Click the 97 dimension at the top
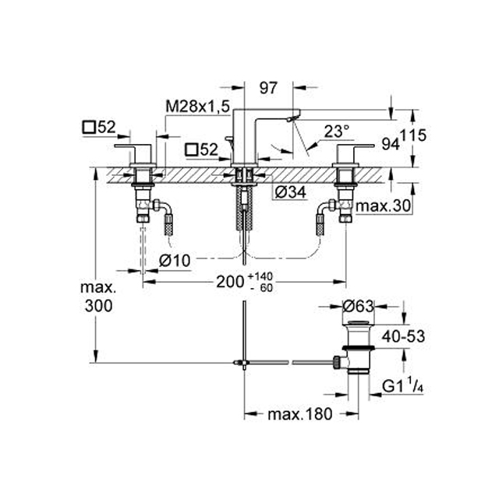[x=268, y=88]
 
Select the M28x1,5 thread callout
[x=197, y=107]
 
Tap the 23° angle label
[x=337, y=131]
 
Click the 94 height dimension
[x=391, y=145]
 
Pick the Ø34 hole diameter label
[x=290, y=192]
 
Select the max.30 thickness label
[x=384, y=206]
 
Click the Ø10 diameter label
[x=175, y=261]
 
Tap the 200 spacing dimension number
[x=230, y=281]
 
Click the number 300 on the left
[x=99, y=306]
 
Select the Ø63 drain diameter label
[x=358, y=307]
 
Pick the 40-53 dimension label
[x=403, y=336]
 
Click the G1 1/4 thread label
[x=403, y=386]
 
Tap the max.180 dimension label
[x=300, y=414]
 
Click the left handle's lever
[x=133, y=146]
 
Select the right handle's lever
[x=356, y=146]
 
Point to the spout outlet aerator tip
[x=290, y=118]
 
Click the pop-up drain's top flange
[x=359, y=324]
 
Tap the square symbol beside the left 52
[x=89, y=128]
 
